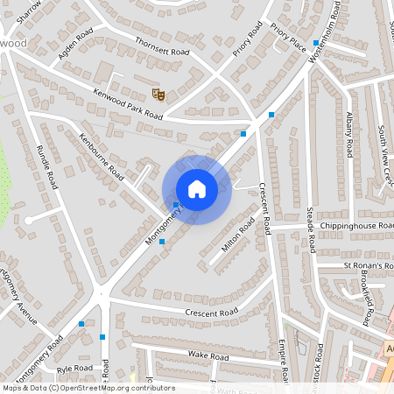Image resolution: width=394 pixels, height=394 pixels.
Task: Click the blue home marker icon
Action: [197, 189]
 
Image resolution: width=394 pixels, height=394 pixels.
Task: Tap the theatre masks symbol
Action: [158, 92]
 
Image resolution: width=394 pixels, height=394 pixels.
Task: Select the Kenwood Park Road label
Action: [128, 102]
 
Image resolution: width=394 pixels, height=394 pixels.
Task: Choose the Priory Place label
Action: [287, 35]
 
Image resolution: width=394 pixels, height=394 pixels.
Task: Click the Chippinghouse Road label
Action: [345, 226]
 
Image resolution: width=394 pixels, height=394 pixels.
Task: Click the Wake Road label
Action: [208, 356]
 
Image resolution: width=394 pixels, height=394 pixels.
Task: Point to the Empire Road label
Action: [284, 359]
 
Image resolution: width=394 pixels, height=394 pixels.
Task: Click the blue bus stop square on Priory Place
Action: [315, 42]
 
